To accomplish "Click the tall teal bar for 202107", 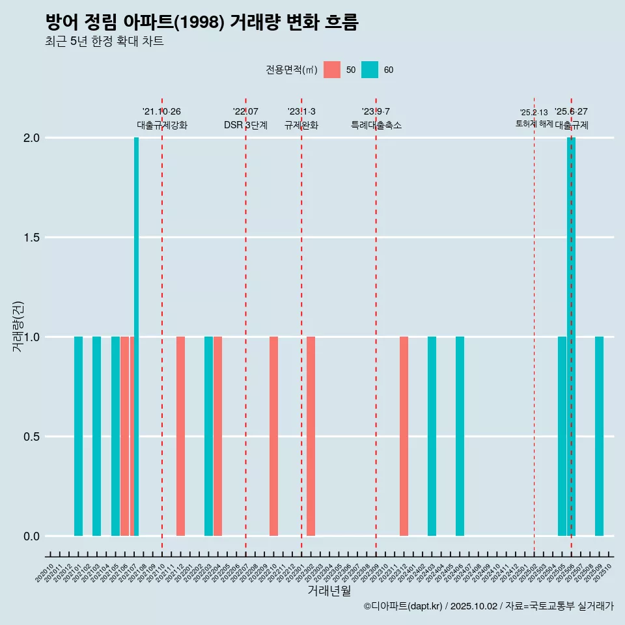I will point(136,337).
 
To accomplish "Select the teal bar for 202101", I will point(78,436).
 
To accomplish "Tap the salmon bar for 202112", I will point(180,436).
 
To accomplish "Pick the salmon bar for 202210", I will point(273,436).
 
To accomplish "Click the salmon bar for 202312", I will point(404,436).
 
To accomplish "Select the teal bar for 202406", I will point(460,436).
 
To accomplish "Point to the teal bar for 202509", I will point(599,436).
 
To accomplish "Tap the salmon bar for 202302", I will point(311,436).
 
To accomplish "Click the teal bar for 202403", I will point(432,436).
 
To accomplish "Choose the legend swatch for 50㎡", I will point(332,70).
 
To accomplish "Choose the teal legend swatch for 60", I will point(370,70).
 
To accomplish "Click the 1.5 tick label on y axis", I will point(31,238).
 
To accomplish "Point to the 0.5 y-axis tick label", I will point(31,436).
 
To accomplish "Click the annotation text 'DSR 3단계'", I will point(245,125).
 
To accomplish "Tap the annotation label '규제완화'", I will point(301,125).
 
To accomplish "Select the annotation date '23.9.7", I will point(376,111).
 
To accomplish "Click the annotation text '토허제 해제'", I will point(534,124).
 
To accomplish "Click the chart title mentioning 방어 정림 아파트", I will point(202,22).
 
